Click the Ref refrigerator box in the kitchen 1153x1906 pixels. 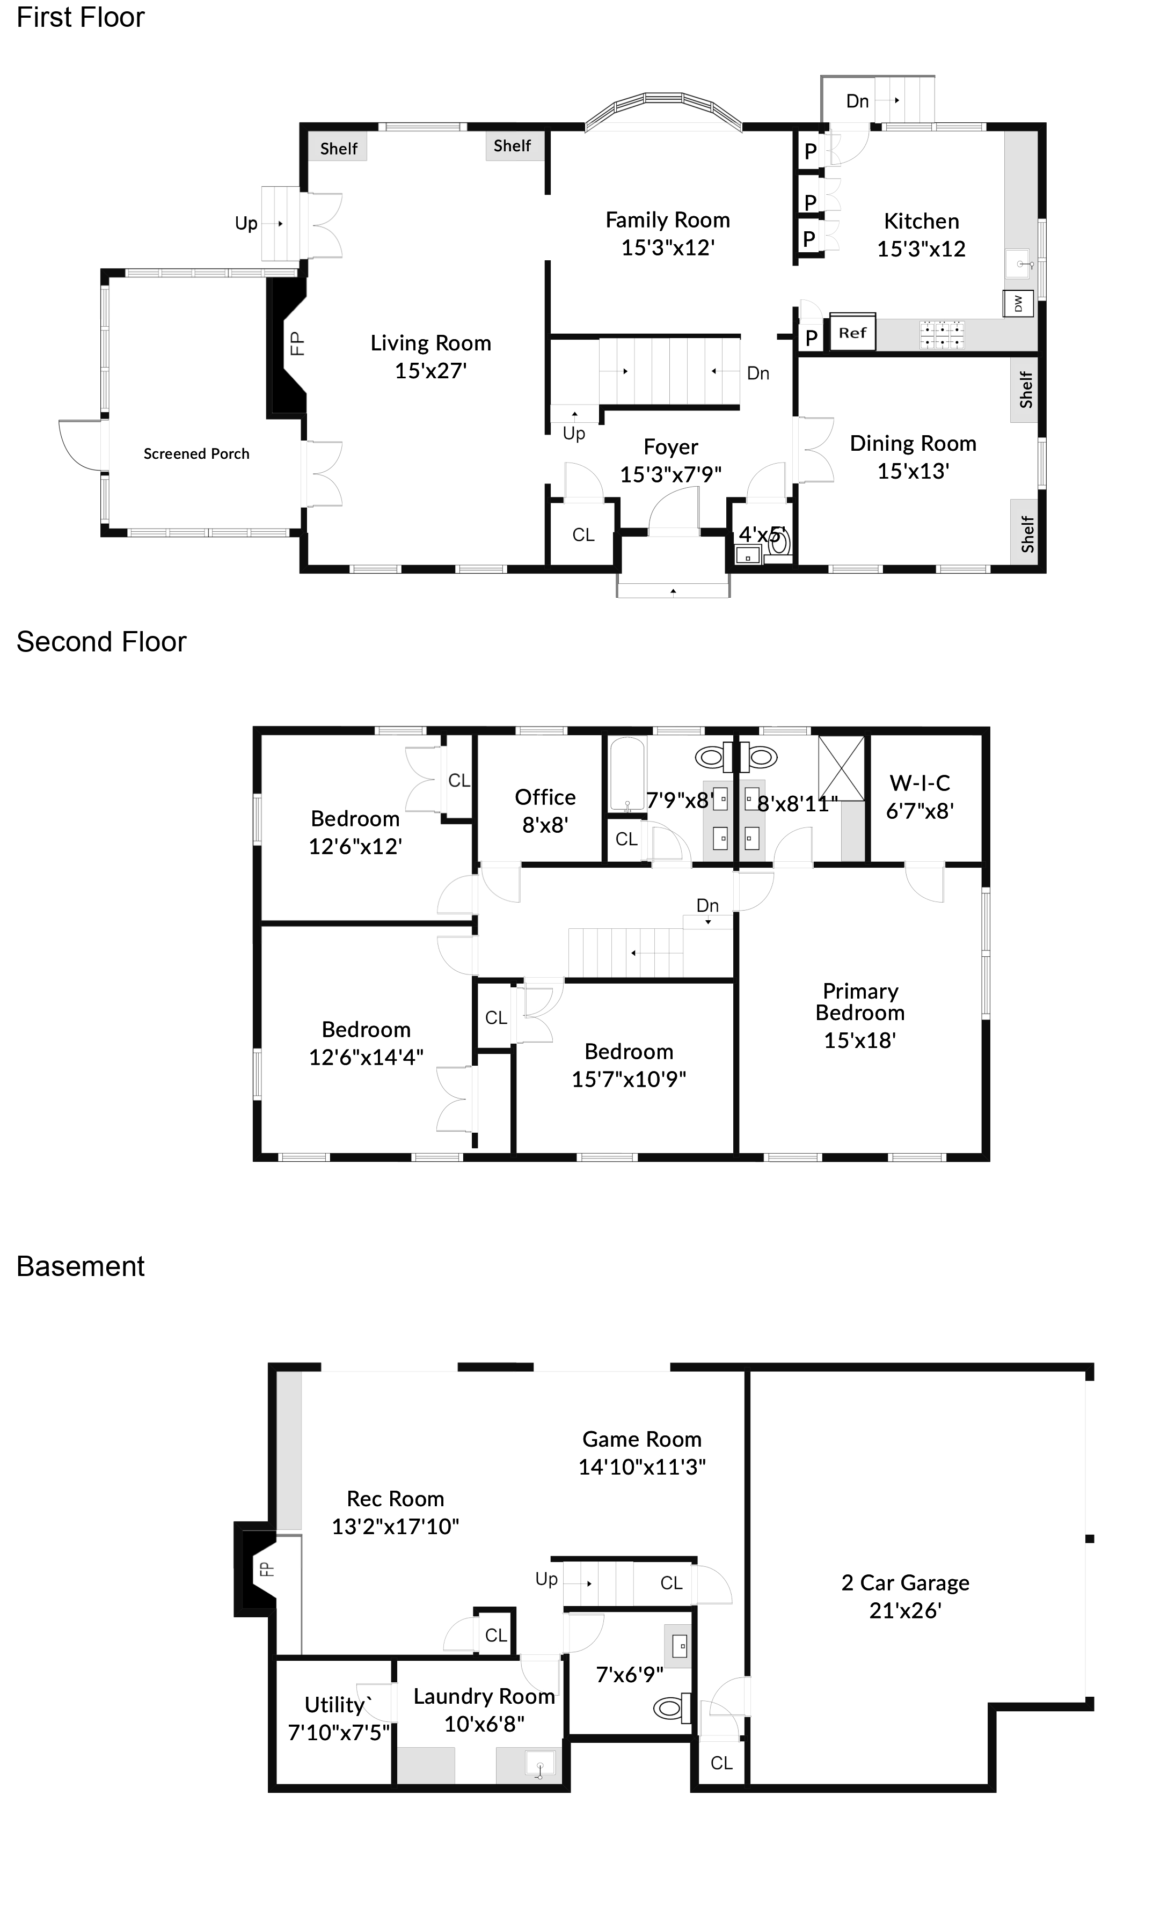[852, 333]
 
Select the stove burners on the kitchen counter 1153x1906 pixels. [942, 335]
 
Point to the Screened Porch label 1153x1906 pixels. [196, 454]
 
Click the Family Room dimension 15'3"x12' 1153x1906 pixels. [667, 247]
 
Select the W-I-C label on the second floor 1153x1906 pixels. [920, 783]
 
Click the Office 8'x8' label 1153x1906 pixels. [545, 811]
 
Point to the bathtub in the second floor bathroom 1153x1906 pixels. [626, 774]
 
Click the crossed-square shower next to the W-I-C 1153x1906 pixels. [841, 768]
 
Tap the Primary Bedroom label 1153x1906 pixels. [860, 1002]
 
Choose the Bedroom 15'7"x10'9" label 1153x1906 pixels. [629, 1065]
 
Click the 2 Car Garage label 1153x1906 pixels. [904, 1582]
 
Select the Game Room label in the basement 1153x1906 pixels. [641, 1440]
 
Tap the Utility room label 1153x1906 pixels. [335, 1705]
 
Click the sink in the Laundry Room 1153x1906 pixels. [540, 1767]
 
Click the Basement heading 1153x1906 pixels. [81, 1266]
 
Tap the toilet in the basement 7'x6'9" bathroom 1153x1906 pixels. [670, 1708]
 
